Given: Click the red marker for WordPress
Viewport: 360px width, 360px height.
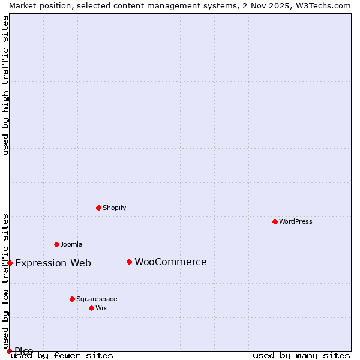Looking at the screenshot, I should (275, 221).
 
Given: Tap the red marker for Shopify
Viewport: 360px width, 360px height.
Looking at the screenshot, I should (98, 208).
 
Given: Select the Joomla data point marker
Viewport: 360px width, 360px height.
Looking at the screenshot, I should (56, 244).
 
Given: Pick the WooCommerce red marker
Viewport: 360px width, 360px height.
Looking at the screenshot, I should (129, 262).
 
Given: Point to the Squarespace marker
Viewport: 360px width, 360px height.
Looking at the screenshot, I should (72, 299).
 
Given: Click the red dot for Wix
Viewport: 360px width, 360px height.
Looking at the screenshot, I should (91, 308).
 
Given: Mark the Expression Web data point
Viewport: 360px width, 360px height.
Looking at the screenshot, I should (10, 263).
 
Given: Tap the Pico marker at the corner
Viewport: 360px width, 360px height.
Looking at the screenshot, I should (9, 351).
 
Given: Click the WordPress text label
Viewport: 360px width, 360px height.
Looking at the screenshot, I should (296, 221).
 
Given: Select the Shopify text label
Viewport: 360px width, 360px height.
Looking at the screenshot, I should (114, 208).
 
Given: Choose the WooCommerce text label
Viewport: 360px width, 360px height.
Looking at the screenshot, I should (170, 262).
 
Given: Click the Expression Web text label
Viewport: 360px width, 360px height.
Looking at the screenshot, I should (53, 263).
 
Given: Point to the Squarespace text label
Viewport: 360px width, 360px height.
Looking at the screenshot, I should (97, 299).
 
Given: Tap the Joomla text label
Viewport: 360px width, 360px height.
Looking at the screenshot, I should (71, 244).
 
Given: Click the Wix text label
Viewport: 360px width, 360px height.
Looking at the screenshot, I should (101, 308).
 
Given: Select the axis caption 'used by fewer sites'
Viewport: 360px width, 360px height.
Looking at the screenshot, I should (62, 355).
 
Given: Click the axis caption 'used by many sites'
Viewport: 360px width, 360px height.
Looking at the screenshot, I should (301, 355).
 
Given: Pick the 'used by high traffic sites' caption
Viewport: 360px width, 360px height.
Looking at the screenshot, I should (5, 85).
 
